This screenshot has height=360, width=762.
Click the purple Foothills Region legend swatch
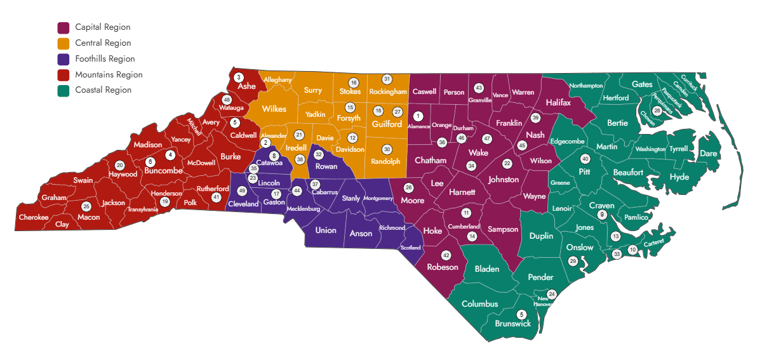pyautogui.click(x=63, y=59)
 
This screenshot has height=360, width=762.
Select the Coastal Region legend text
pyautogui.click(x=103, y=90)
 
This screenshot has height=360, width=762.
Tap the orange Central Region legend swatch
pyautogui.click(x=63, y=43)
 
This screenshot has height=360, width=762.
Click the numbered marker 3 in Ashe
pyautogui.click(x=238, y=77)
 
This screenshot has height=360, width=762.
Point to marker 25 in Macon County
pyautogui.click(x=86, y=206)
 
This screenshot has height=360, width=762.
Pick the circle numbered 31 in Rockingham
pyautogui.click(x=387, y=79)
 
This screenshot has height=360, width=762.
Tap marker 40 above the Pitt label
pyautogui.click(x=585, y=159)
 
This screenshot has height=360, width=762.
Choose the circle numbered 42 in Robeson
pyautogui.click(x=446, y=255)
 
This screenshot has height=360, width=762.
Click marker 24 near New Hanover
pyautogui.click(x=551, y=294)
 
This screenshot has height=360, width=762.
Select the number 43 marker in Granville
pyautogui.click(x=479, y=88)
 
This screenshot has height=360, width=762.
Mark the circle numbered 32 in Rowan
pyautogui.click(x=319, y=154)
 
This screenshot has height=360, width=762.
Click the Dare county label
pyautogui.click(x=708, y=154)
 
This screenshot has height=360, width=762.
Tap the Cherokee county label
pyautogui.click(x=34, y=217)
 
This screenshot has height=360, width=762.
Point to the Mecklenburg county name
pyautogui.click(x=304, y=208)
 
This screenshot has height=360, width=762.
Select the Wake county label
pyautogui.click(x=478, y=153)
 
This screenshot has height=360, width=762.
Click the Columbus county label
pyautogui.click(x=479, y=303)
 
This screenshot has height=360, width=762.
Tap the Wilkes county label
pyautogui.click(x=274, y=109)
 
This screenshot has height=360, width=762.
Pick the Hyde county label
pyautogui.click(x=679, y=177)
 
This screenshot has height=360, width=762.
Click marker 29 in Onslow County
pyautogui.click(x=573, y=261)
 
